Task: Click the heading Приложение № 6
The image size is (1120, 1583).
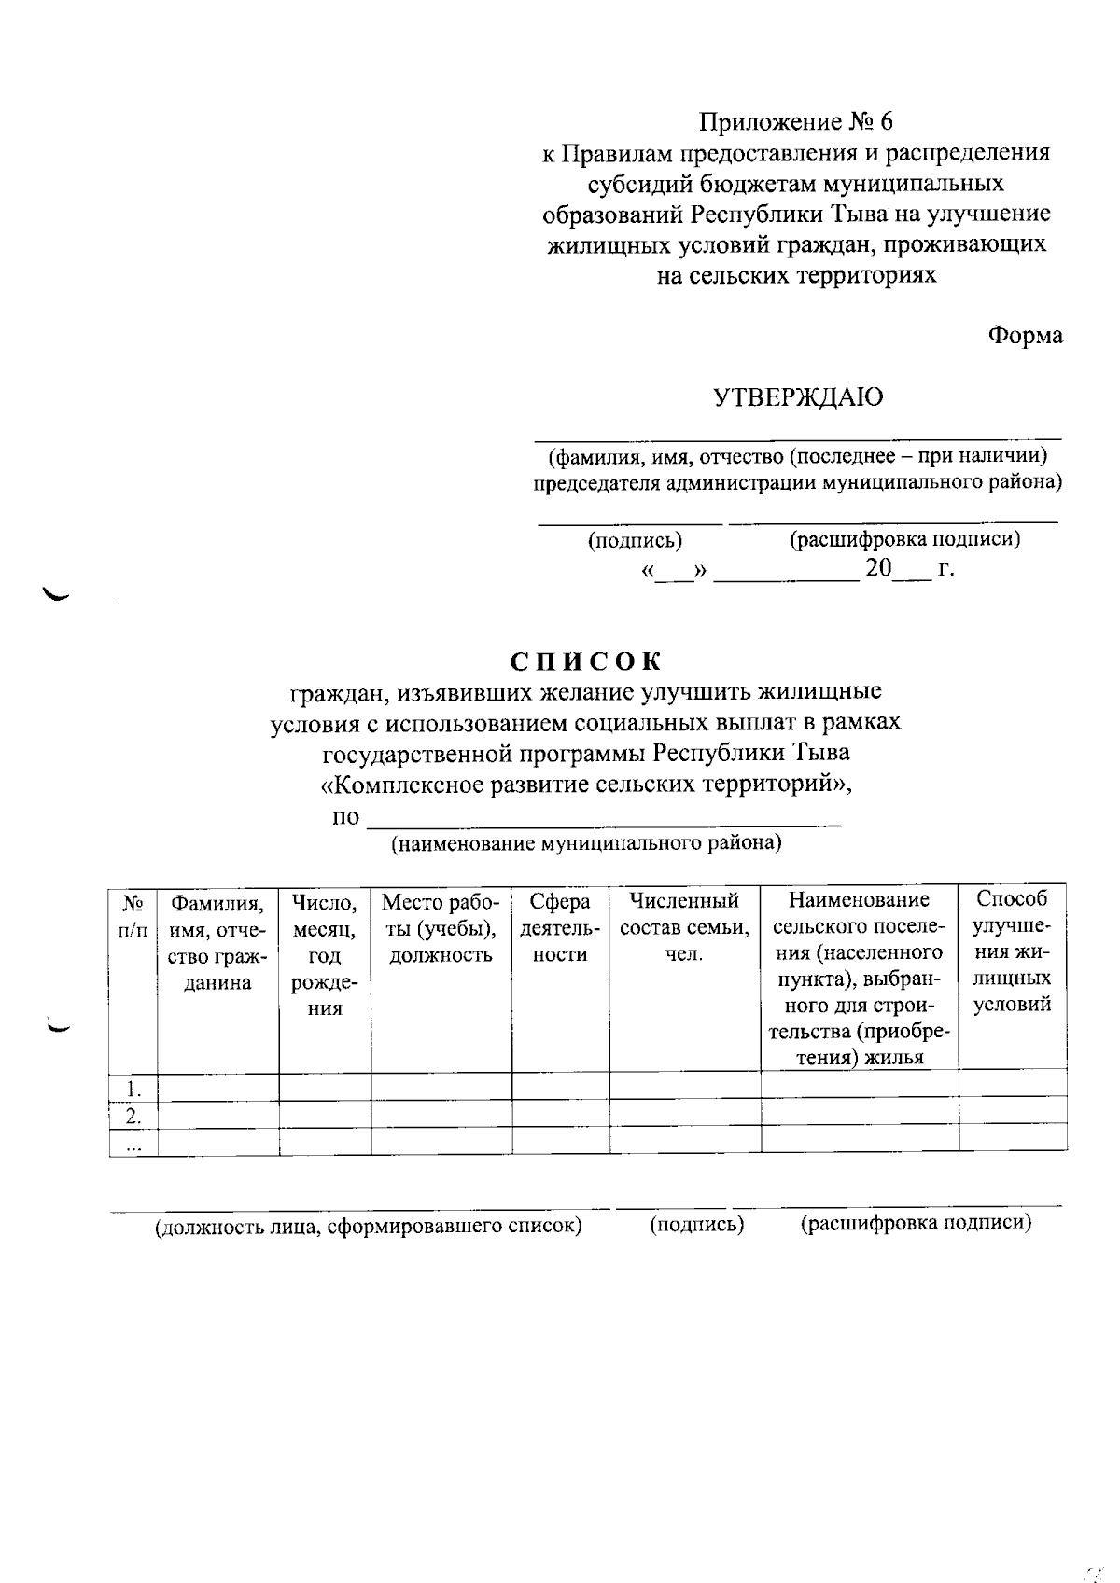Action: (x=796, y=122)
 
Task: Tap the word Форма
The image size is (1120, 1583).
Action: (x=1025, y=336)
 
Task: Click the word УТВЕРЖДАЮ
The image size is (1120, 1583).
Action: (x=798, y=398)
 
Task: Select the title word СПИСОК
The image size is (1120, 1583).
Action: (x=586, y=661)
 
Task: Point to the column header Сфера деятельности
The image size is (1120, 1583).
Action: (x=560, y=928)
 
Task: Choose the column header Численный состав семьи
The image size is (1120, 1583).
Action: (x=684, y=928)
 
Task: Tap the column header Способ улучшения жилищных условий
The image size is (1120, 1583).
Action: (x=1013, y=951)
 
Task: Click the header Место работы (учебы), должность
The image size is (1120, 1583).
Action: (x=441, y=928)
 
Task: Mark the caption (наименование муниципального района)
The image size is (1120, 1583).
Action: (x=585, y=844)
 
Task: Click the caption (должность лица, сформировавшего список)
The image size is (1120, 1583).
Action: (x=369, y=1226)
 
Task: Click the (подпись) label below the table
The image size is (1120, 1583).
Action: (x=696, y=1225)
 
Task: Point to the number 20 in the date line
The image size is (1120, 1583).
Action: (x=878, y=568)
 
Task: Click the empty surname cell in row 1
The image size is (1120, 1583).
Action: (x=217, y=1088)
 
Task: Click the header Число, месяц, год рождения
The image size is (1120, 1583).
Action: (x=325, y=954)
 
